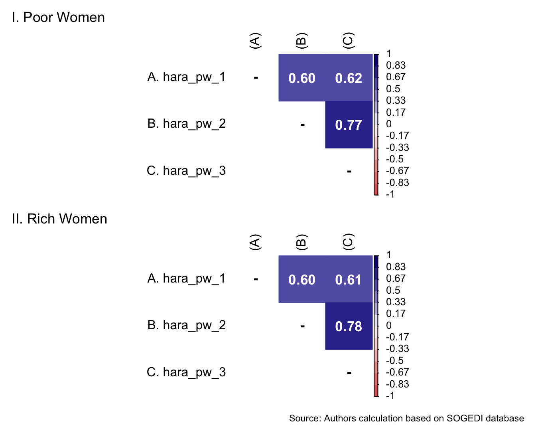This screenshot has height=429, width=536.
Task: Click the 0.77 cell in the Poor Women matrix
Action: pyautogui.click(x=349, y=125)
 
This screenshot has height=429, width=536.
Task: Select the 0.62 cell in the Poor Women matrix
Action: pyautogui.click(x=349, y=78)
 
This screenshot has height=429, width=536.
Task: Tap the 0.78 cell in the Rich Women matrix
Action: pyautogui.click(x=349, y=326)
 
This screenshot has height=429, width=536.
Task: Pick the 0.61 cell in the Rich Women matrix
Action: pyautogui.click(x=349, y=280)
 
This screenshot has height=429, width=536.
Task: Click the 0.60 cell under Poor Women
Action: pyautogui.click(x=302, y=78)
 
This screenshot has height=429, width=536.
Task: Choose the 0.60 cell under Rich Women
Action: pyautogui.click(x=302, y=280)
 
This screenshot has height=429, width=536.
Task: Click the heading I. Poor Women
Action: pyautogui.click(x=58, y=18)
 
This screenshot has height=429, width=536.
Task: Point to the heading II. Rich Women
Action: pyautogui.click(x=59, y=219)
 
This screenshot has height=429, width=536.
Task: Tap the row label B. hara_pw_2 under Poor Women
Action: pyautogui.click(x=186, y=124)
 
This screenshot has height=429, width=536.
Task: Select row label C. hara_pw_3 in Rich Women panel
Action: pyautogui.click(x=186, y=372)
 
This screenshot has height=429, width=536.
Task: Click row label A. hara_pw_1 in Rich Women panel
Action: pyautogui.click(x=186, y=278)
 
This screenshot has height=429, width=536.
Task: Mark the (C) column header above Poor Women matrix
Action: pyautogui.click(x=348, y=40)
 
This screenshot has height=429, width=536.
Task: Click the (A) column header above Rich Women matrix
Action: pyautogui.click(x=255, y=242)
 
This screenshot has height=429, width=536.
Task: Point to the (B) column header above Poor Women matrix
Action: pyautogui.click(x=301, y=40)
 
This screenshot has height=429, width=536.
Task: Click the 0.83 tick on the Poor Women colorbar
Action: pyautogui.click(x=396, y=65)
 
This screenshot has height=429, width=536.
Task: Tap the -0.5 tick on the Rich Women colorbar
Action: pyautogui.click(x=395, y=360)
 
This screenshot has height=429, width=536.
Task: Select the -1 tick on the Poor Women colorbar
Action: pyautogui.click(x=390, y=194)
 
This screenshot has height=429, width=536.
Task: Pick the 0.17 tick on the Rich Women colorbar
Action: pyautogui.click(x=396, y=314)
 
